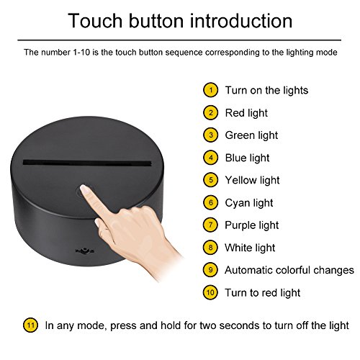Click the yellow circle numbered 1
pos(210,90)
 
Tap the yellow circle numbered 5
pos(210,180)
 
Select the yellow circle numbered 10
pos(210,292)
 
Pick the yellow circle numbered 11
pos(30,325)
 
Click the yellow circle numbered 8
pos(210,248)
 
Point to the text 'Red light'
pos(246,113)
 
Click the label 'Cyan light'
pos(249,203)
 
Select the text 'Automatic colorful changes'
pos(289,270)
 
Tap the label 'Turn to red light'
pos(262,293)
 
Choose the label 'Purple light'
pos(252,225)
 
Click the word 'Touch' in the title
pos(95,21)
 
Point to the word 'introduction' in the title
pos(241,21)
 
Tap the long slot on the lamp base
pos(87,163)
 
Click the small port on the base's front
pos(85,251)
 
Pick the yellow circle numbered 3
pos(210,135)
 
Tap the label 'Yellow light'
pos(252,181)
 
